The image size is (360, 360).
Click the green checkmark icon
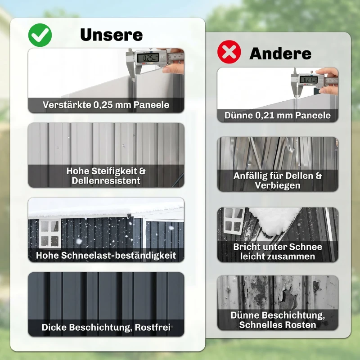[x=40, y=35]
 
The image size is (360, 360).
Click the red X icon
[x=229, y=53]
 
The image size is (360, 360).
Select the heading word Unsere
[x=111, y=35]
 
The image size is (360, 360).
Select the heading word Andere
[x=280, y=54]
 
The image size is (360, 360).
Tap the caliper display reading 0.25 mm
[x=148, y=58]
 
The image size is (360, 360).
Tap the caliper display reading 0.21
[x=308, y=80]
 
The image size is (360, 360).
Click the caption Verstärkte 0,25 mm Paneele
[x=106, y=105]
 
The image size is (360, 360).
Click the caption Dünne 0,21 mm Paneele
[x=278, y=116]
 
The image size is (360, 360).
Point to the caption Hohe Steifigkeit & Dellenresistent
[x=106, y=176]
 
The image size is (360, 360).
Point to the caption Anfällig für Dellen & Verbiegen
[x=278, y=180]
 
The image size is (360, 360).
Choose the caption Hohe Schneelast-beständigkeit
[x=106, y=255]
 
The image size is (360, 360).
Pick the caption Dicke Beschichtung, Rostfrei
[x=106, y=327]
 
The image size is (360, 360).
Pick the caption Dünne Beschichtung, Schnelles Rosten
[x=278, y=319]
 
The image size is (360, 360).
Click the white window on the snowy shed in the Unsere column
[x=49, y=233]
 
